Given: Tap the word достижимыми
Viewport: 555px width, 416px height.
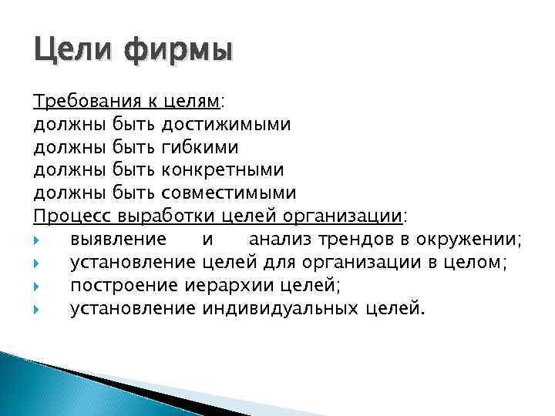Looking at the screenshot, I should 227,124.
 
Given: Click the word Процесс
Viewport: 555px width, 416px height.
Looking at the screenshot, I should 71,214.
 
